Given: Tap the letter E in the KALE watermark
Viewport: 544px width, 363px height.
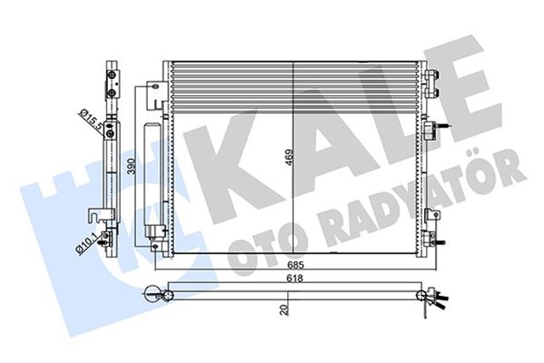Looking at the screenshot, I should (473, 94).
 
